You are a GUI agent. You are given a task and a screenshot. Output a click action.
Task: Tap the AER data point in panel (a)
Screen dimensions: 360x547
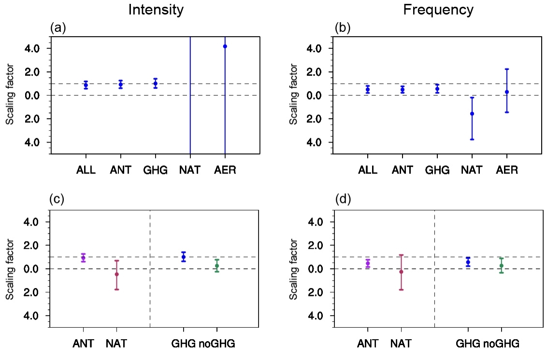[x=225, y=46]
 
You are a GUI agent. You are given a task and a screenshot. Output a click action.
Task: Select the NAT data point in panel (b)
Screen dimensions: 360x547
[x=472, y=114]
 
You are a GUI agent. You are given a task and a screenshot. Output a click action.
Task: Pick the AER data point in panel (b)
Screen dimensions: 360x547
[x=506, y=92]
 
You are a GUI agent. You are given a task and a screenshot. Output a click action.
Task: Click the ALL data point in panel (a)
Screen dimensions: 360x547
[x=86, y=85]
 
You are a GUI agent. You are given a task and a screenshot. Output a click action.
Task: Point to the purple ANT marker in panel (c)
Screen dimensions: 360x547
[x=83, y=258]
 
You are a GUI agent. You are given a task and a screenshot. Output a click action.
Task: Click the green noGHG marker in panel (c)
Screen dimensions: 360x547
[x=217, y=265]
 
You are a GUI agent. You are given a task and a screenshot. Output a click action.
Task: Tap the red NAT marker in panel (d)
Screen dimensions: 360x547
[x=401, y=272]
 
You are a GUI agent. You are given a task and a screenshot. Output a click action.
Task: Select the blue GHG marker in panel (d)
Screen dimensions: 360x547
[x=468, y=262]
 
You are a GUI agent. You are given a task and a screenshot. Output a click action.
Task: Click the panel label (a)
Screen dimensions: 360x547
[x=58, y=28]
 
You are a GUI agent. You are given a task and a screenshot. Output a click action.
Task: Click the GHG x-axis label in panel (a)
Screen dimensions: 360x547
[x=155, y=170]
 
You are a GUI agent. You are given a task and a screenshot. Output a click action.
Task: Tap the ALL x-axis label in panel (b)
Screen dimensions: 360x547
[x=368, y=170]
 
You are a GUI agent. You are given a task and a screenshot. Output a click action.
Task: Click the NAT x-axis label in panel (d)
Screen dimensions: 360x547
[x=401, y=344]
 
